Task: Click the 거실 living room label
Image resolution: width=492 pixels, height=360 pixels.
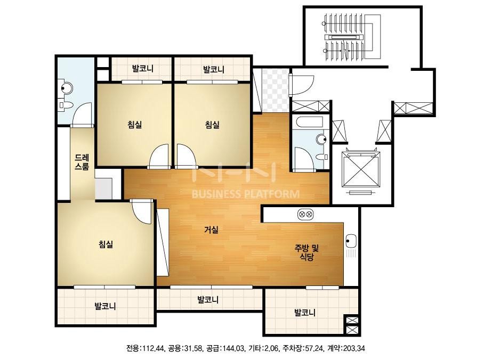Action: pos(211,230)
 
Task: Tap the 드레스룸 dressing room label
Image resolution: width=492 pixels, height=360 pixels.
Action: pos(82,162)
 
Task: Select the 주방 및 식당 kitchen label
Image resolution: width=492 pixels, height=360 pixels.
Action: pos(307,253)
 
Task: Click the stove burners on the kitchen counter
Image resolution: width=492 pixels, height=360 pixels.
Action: pos(305,215)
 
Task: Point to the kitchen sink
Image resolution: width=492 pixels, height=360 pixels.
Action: pos(351,241)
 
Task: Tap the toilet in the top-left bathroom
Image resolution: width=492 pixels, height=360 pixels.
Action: pos(64,105)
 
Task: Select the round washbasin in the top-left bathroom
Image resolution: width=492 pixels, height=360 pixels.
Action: pos(67,88)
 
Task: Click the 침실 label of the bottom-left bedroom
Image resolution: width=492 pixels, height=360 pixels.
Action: pos(106,244)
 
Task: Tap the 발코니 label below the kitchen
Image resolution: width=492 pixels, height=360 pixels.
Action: pos(305,312)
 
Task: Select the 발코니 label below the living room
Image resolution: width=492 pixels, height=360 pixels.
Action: pos(208,300)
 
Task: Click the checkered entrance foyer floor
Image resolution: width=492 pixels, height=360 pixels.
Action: pos(275,91)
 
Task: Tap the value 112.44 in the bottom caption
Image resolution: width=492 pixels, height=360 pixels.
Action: pos(154,348)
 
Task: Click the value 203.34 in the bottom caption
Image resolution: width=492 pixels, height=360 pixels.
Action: pos(354,348)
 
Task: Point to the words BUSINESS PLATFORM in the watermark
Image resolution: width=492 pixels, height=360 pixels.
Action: pos(246,194)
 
